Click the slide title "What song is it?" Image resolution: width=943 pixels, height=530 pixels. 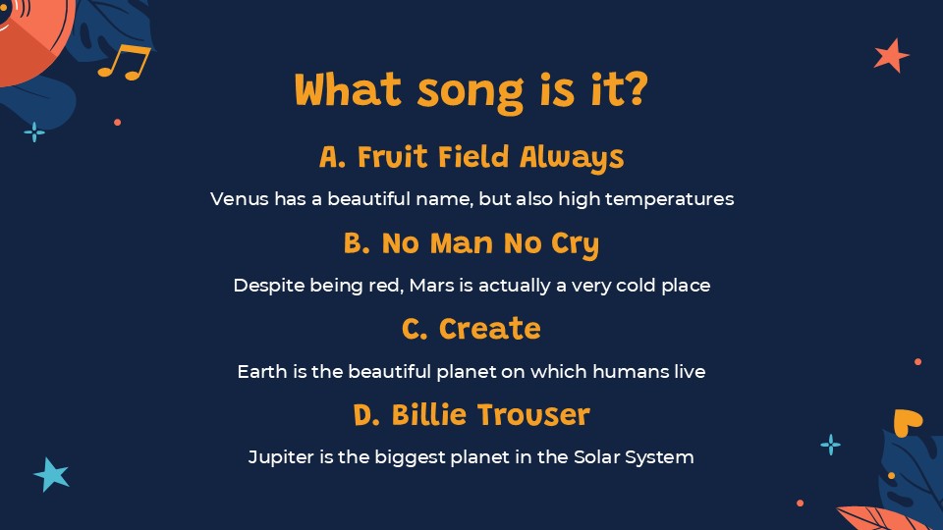(x=471, y=91)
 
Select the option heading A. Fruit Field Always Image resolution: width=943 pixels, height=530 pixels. (x=471, y=157)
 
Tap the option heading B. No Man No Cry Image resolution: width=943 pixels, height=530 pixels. (x=471, y=243)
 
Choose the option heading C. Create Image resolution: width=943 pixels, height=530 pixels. (x=471, y=329)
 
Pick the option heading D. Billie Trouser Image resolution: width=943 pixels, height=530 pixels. (x=471, y=415)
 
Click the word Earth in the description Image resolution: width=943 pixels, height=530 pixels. (x=259, y=372)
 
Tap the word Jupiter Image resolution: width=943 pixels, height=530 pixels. (x=278, y=457)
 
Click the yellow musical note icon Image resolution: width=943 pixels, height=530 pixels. (x=125, y=61)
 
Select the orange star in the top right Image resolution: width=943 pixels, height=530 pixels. (x=891, y=55)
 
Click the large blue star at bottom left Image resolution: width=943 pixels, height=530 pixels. (x=52, y=474)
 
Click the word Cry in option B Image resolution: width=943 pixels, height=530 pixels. (x=576, y=243)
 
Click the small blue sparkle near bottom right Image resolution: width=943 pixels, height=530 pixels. (x=830, y=445)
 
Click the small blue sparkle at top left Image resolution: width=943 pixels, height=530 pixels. (x=34, y=132)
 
